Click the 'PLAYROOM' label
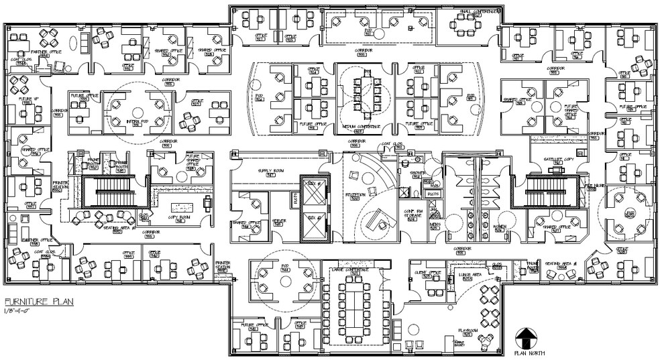click(467, 330)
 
